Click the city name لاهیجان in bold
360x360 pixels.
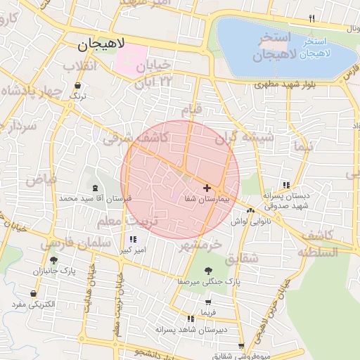[98, 46]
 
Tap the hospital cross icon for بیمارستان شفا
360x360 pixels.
[206, 188]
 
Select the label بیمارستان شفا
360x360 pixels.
[198, 200]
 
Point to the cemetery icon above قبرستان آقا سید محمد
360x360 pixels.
[96, 188]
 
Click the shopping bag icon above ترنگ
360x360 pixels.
[77, 86]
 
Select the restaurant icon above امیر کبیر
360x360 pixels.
[133, 239]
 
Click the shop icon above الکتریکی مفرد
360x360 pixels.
[33, 293]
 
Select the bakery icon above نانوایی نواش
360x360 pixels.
[250, 210]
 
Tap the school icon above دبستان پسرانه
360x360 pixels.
[285, 184]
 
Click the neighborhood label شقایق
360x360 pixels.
[243, 259]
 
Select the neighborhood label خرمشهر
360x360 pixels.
[199, 245]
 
